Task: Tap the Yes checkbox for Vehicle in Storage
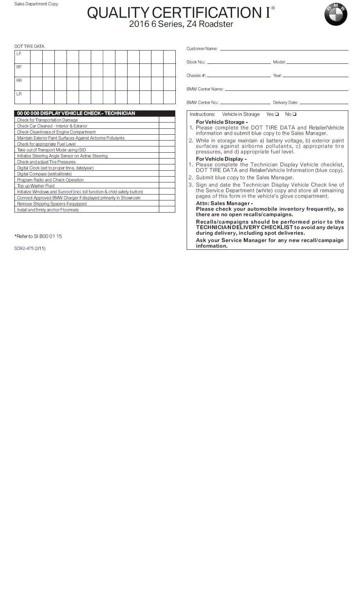coord(277,114)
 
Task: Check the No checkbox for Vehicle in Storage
coord(294,114)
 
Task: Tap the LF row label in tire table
coord(19,54)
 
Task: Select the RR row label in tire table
coord(19,80)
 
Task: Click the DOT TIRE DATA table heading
coord(29,46)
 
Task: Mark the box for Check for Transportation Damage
coord(167,120)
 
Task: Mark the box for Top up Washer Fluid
coord(167,186)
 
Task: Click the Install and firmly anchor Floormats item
coord(48,210)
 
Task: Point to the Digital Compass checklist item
coord(44,174)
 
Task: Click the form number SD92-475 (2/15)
coord(30,248)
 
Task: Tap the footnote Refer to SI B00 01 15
coord(38,236)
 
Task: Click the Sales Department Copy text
coord(36,4)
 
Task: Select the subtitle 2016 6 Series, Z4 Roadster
coord(181,24)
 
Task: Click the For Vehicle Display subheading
coord(221,159)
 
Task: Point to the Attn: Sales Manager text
coord(224,203)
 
